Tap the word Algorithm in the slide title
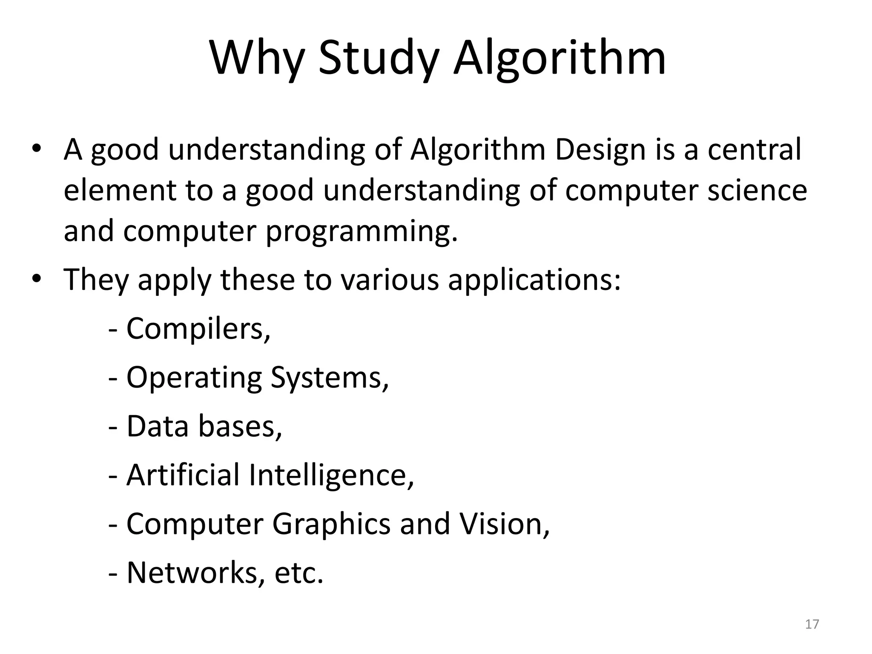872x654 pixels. [x=559, y=58]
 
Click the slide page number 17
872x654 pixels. [x=812, y=624]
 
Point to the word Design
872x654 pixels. [x=600, y=150]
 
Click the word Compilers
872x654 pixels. [x=198, y=329]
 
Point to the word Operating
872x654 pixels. [x=194, y=378]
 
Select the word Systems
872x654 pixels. [x=330, y=378]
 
